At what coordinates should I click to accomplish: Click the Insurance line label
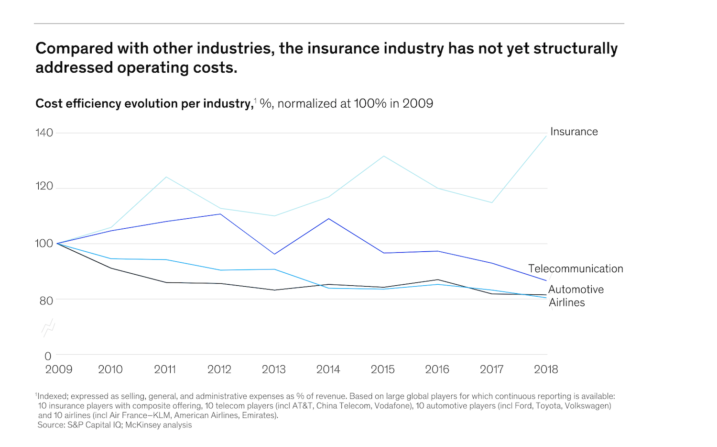(x=574, y=132)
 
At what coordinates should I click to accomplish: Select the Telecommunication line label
(x=576, y=269)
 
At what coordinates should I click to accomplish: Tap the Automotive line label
(x=576, y=290)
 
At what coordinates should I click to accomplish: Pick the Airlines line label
(x=566, y=302)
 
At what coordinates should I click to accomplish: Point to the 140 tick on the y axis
(x=44, y=133)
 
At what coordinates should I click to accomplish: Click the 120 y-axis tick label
(x=44, y=186)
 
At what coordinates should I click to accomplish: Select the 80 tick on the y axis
(x=46, y=301)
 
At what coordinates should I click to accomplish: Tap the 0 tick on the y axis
(x=48, y=356)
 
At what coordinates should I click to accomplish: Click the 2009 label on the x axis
(x=59, y=369)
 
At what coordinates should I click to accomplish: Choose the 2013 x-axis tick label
(x=274, y=369)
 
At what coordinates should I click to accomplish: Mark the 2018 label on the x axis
(x=546, y=369)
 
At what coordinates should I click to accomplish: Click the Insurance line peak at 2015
(x=383, y=156)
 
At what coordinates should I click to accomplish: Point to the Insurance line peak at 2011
(x=166, y=177)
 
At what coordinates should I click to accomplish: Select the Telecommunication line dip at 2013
(x=274, y=254)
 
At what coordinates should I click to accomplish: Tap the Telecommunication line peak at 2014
(x=329, y=219)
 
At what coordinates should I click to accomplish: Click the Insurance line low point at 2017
(x=492, y=202)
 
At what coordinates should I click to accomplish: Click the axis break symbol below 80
(x=48, y=328)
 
